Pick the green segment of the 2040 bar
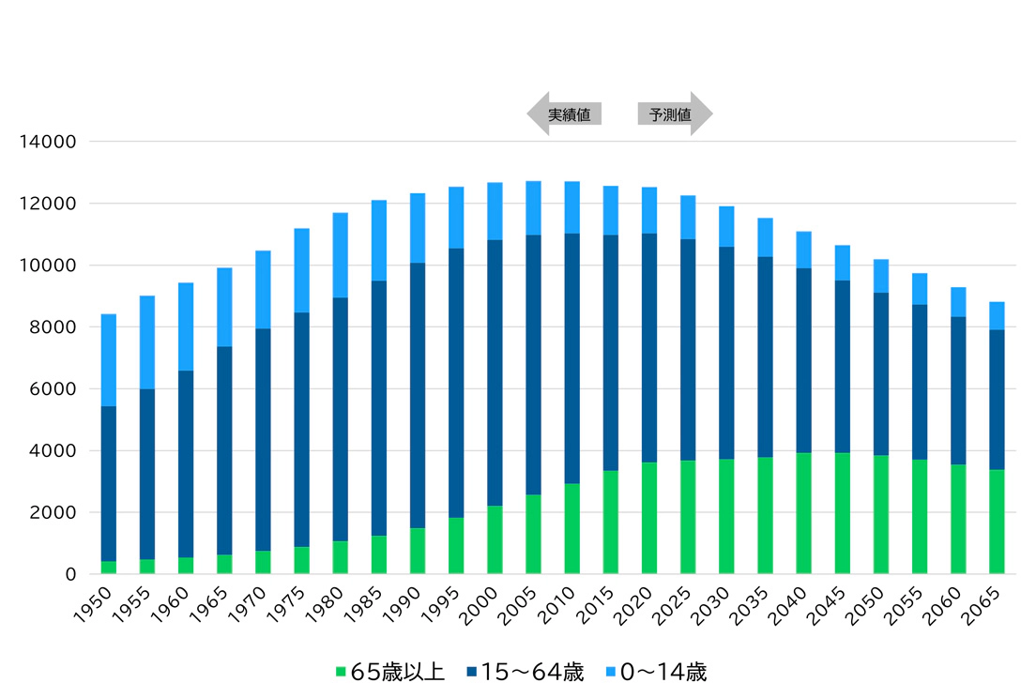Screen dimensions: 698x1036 pyautogui.click(x=804, y=513)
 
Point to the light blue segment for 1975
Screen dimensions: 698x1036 pyautogui.click(x=302, y=270)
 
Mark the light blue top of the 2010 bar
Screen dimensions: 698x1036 pyautogui.click(x=572, y=207)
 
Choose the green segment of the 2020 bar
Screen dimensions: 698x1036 pyautogui.click(x=649, y=518)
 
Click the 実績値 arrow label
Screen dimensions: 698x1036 pyautogui.click(x=566, y=114)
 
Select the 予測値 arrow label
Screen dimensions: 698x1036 pyautogui.click(x=673, y=114)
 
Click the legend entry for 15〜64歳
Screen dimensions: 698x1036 pyautogui.click(x=526, y=672)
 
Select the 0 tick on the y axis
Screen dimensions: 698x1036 pyautogui.click(x=69, y=574)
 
